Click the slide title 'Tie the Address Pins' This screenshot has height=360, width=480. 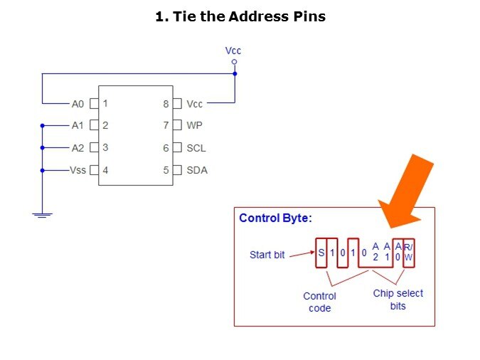click(240, 16)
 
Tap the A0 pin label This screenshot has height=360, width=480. click(78, 104)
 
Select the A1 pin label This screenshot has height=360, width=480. click(78, 126)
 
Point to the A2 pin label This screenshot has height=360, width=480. click(78, 148)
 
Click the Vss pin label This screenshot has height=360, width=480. click(78, 170)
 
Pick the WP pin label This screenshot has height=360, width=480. click(194, 126)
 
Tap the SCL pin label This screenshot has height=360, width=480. click(196, 148)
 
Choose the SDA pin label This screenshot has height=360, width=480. click(197, 170)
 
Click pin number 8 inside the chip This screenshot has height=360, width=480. click(166, 104)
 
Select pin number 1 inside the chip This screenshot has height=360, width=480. click(105, 103)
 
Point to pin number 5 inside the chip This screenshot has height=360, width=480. click(166, 170)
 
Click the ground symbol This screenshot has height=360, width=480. click(43, 215)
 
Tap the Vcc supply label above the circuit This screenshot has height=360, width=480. click(233, 51)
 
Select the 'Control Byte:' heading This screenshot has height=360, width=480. click(275, 218)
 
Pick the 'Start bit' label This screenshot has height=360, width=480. click(267, 254)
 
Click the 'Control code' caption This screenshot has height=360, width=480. click(319, 302)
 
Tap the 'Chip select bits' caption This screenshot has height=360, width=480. click(398, 299)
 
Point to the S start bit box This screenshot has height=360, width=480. click(321, 252)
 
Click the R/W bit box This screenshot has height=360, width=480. click(408, 252)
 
